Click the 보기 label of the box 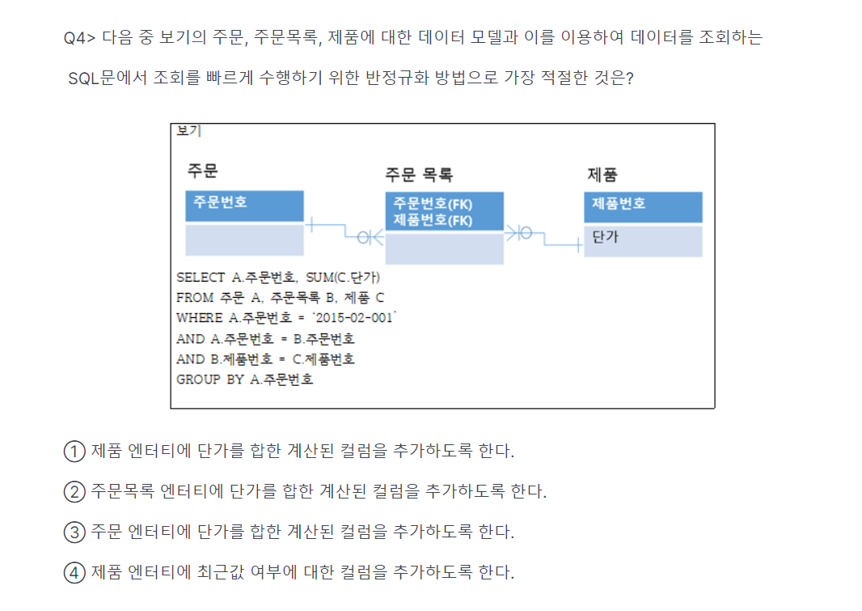pyautogui.click(x=188, y=130)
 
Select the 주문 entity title pyautogui.click(x=203, y=171)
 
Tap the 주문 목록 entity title pyautogui.click(x=418, y=174)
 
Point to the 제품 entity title pyautogui.click(x=602, y=174)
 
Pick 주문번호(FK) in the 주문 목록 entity pyautogui.click(x=433, y=204)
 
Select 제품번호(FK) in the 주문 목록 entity pyautogui.click(x=433, y=220)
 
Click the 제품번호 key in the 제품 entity pyautogui.click(x=619, y=203)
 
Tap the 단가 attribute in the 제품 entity pyautogui.click(x=605, y=238)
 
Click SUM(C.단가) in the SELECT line pyautogui.click(x=346, y=278)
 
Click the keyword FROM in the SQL pyautogui.click(x=194, y=298)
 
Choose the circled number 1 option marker pyautogui.click(x=74, y=451)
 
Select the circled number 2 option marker pyautogui.click(x=74, y=491)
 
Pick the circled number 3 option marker pyautogui.click(x=74, y=533)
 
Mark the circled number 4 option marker pyautogui.click(x=74, y=573)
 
